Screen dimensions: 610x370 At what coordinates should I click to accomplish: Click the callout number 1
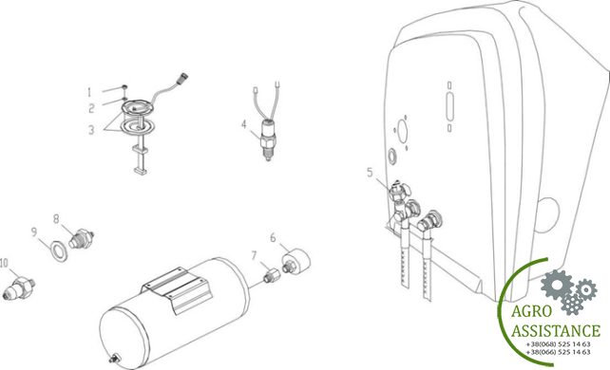point(89,92)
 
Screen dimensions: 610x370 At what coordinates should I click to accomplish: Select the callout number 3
point(91,130)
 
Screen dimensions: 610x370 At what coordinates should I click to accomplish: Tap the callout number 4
point(244,124)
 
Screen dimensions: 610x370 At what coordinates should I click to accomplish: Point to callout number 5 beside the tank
point(370,172)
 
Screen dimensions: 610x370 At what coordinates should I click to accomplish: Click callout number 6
point(273,237)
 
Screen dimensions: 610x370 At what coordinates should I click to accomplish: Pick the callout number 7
point(254,255)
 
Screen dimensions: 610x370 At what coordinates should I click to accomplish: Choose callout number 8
point(56,219)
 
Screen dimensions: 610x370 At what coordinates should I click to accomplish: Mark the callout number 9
point(34,232)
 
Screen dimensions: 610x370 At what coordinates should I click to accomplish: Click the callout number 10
point(4,263)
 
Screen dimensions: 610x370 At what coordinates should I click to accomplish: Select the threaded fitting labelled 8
point(82,239)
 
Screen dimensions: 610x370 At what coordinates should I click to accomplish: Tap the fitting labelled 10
point(19,287)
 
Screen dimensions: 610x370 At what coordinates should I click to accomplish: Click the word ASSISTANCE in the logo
point(556,330)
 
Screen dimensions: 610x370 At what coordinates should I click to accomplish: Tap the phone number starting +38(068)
point(558,344)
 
